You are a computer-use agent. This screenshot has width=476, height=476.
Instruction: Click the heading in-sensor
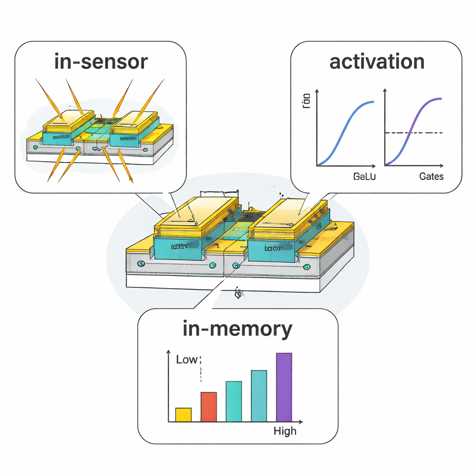[x=101, y=61]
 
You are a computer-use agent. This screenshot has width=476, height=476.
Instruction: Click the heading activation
[x=377, y=61]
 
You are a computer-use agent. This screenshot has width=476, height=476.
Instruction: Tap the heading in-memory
[x=238, y=329]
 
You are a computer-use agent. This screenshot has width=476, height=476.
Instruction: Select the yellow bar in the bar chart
[x=183, y=415]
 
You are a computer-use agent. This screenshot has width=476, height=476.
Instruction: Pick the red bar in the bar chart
[x=208, y=407]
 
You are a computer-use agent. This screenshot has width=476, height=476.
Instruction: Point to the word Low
[x=186, y=360]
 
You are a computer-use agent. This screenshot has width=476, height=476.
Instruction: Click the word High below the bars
[x=284, y=431]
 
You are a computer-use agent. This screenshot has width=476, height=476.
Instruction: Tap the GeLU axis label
[x=364, y=177]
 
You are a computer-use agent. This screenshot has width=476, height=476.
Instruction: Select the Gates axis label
[x=431, y=177]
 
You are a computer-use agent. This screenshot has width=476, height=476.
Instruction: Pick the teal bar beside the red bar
[x=233, y=401]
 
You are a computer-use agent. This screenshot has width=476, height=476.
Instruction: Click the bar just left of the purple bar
[x=259, y=396]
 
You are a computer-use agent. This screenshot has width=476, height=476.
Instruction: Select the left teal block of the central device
[x=179, y=248]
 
